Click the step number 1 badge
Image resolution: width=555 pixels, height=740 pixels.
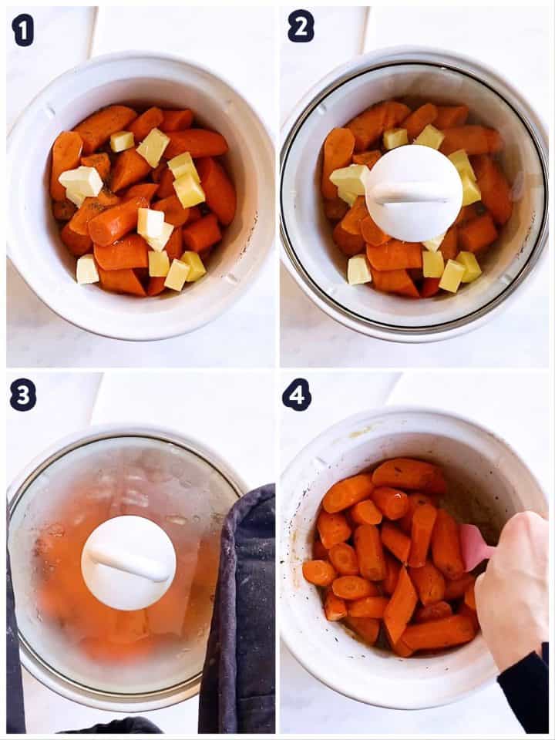[22, 29]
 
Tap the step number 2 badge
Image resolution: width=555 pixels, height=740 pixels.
[301, 27]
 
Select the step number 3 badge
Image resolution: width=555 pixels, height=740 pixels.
[22, 395]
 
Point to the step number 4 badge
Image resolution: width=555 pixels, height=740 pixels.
[297, 395]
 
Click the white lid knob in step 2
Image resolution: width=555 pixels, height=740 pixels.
[414, 193]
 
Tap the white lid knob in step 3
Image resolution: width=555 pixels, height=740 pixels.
[128, 563]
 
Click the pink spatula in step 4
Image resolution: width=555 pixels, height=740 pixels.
[473, 547]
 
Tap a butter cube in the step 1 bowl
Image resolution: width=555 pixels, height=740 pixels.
[153, 146]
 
